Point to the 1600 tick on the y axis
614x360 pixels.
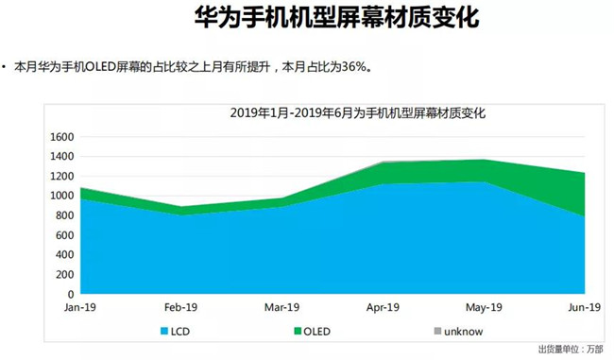pos(60,137)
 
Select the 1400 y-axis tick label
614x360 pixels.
pos(60,157)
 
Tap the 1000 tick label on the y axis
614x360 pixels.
pos(60,196)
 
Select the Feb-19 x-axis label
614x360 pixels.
pos(180,307)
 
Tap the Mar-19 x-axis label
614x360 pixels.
pos(282,307)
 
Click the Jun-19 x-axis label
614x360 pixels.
pos(583,307)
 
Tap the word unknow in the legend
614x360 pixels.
pos(464,331)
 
